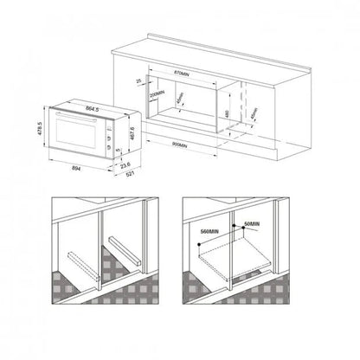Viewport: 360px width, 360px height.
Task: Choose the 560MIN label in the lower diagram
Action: (x=206, y=233)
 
